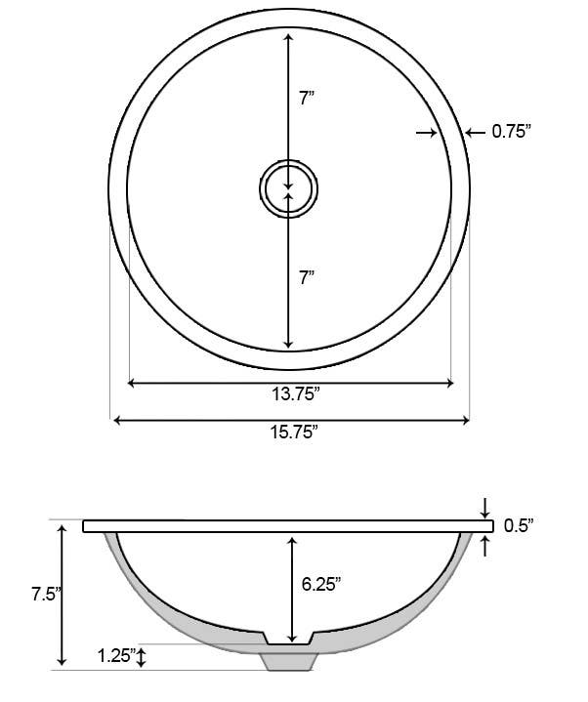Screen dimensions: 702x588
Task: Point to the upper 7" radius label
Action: tap(306, 98)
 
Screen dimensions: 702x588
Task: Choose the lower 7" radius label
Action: tap(306, 278)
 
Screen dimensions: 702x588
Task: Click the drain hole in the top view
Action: tap(288, 186)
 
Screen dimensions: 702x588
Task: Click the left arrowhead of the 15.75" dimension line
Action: tap(118, 421)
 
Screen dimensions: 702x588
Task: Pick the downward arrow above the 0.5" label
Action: tap(486, 510)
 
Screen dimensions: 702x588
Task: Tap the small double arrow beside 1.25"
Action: tap(143, 656)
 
